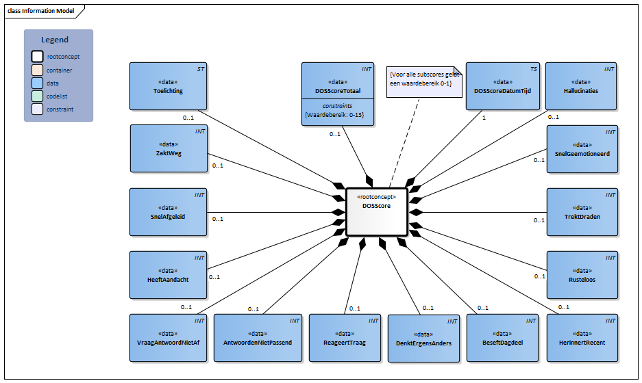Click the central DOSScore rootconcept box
click(376, 211)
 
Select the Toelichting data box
click(168, 86)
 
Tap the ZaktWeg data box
click(168, 148)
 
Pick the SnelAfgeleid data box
click(168, 212)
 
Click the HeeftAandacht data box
click(168, 275)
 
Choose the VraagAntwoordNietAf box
click(168, 337)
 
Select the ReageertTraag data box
click(344, 337)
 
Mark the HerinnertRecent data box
click(582, 337)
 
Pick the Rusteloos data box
click(582, 275)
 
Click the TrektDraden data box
click(582, 212)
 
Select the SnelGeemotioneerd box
click(582, 149)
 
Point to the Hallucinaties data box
click(580, 86)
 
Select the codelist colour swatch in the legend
click(37, 96)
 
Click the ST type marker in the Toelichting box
click(200, 69)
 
